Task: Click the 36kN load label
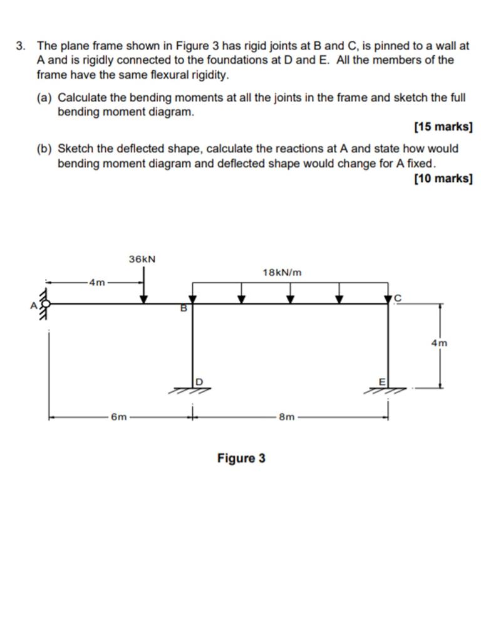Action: (142, 259)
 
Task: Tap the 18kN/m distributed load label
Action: (282, 272)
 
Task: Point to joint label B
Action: (184, 308)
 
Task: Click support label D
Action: (199, 382)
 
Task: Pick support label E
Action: (382, 382)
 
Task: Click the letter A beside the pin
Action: (34, 305)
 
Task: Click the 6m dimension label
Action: (119, 417)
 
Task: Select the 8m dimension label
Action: (287, 417)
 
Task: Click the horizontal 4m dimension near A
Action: (97, 282)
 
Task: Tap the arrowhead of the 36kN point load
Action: (143, 299)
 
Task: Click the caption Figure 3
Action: (241, 458)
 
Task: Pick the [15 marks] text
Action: (443, 127)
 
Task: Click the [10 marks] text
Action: (443, 179)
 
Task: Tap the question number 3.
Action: (20, 45)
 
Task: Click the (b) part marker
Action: (44, 148)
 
